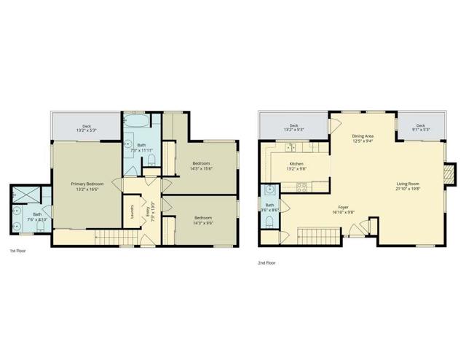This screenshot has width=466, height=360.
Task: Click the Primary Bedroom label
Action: coord(87,184)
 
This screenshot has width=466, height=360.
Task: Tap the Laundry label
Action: coord(132,211)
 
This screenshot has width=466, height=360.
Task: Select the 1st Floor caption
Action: coord(17,251)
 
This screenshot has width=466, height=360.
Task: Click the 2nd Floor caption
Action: coord(266,262)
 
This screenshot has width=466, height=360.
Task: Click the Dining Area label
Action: coord(363,136)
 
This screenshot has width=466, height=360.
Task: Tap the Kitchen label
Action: coord(296,164)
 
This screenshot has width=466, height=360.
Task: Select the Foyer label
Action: coord(343,208)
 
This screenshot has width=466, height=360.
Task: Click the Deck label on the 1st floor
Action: coord(87,126)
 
